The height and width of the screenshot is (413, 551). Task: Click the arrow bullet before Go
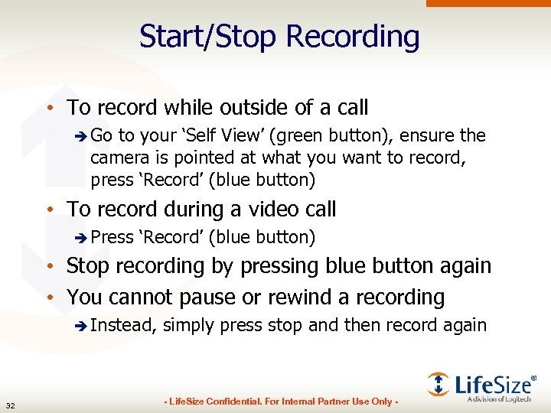point(82,136)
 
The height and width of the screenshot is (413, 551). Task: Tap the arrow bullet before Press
point(82,238)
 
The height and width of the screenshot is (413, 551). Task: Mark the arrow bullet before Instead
point(82,326)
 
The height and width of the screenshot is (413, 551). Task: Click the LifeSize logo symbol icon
point(439,383)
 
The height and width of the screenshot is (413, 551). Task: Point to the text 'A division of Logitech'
point(502,399)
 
